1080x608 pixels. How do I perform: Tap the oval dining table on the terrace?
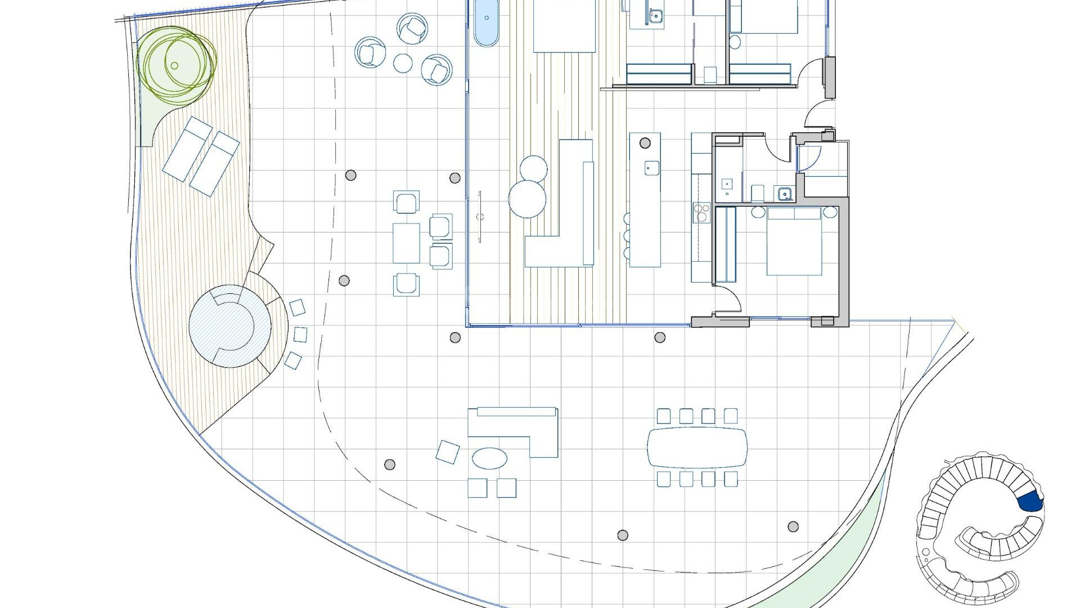(x=697, y=448)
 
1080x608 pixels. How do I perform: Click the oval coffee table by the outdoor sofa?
(x=489, y=458)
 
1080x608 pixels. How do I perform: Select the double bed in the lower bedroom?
(x=794, y=242)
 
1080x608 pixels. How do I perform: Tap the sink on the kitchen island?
(x=651, y=167)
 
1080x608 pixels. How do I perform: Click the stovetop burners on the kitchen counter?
(x=702, y=213)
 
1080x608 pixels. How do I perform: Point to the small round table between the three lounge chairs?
(x=403, y=62)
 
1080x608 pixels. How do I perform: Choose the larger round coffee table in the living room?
(x=527, y=199)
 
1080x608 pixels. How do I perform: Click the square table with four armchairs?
(x=406, y=243)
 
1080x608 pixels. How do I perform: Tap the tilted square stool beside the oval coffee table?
(x=448, y=452)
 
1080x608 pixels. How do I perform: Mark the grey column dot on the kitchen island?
(x=645, y=143)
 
